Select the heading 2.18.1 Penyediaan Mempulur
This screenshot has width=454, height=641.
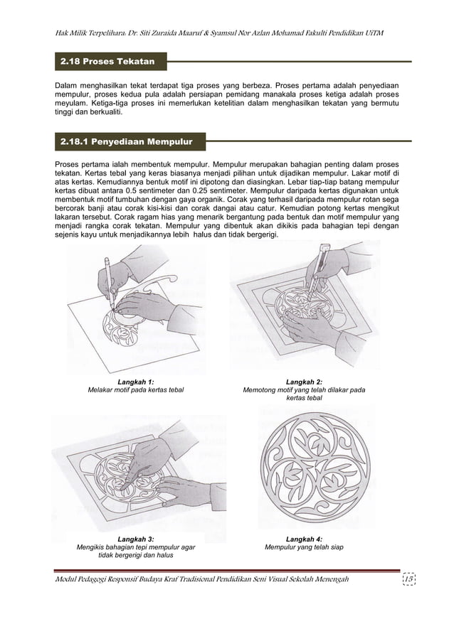tap(127, 141)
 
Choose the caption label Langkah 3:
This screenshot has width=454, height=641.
tap(135, 539)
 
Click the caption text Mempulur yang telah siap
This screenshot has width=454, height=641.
tap(304, 548)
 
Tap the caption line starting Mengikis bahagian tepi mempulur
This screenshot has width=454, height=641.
tap(135, 548)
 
